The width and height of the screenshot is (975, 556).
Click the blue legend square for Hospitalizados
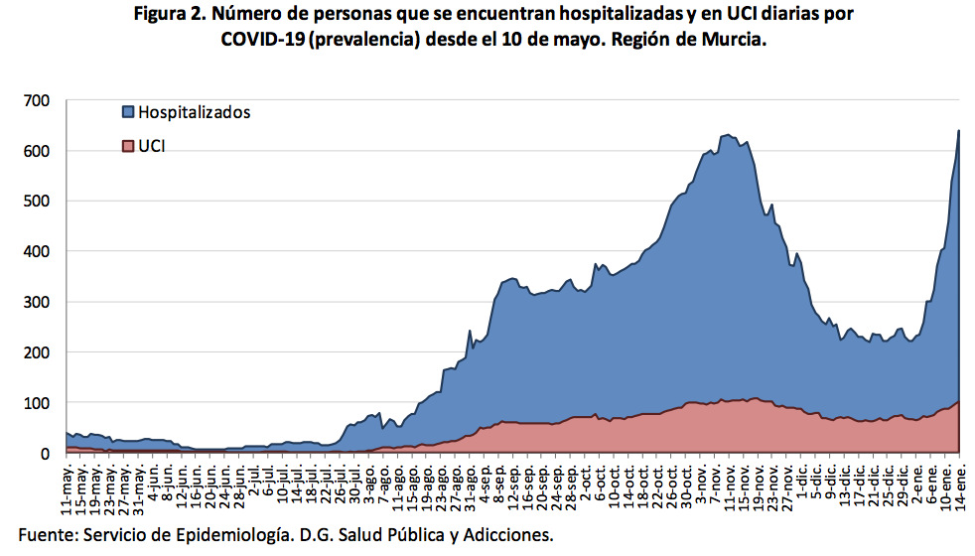point(127,111)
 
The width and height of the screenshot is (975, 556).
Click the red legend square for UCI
point(127,146)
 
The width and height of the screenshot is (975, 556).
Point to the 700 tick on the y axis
point(37,100)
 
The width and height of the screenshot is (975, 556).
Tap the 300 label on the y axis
point(37,302)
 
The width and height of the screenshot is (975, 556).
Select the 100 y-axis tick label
point(37,403)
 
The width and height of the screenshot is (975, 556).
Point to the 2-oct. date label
point(587,482)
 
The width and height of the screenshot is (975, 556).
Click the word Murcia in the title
point(733,41)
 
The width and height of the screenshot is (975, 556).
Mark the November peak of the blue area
point(727,135)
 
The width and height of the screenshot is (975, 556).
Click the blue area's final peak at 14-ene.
point(958,130)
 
